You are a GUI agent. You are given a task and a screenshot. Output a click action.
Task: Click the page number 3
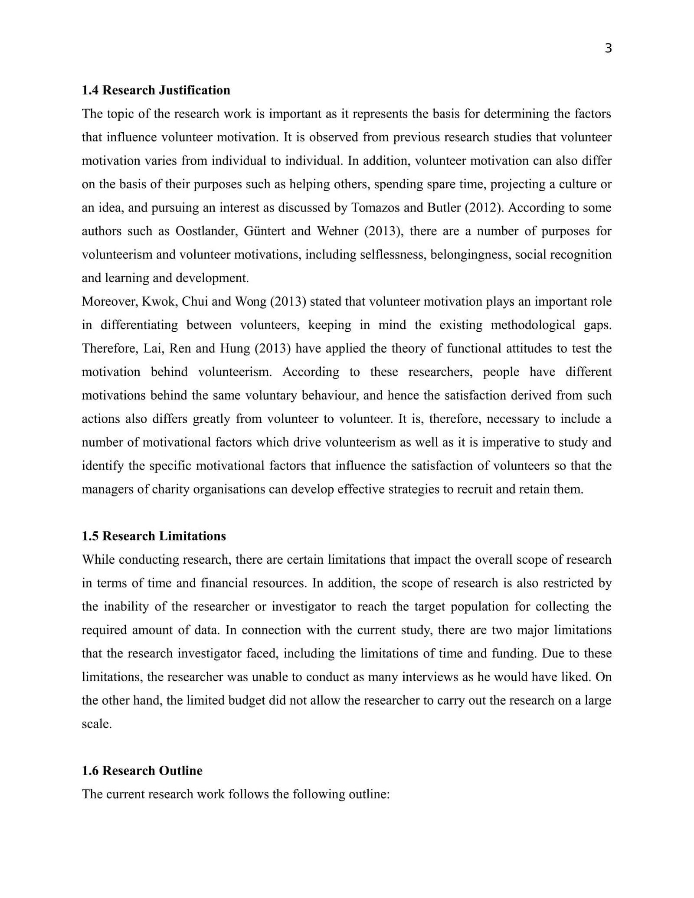(608, 49)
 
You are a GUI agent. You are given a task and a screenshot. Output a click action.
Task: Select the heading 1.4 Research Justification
(156, 90)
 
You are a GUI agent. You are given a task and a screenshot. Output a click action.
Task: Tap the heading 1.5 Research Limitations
(154, 536)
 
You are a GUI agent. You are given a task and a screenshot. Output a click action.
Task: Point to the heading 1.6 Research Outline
(142, 771)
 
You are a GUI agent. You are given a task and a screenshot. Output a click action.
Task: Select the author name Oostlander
(206, 231)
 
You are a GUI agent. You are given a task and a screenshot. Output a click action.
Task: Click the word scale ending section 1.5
(96, 724)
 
